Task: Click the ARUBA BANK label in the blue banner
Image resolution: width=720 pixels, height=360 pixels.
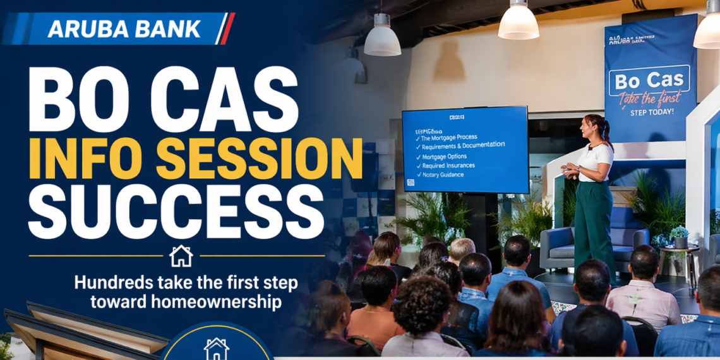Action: click(124, 28)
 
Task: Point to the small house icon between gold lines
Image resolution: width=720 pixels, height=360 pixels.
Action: click(181, 256)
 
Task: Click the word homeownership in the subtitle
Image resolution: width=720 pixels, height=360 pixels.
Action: click(186, 302)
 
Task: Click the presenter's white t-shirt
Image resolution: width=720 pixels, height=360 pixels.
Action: click(595, 162)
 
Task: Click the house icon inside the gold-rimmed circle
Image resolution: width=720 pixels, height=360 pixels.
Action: click(216, 349)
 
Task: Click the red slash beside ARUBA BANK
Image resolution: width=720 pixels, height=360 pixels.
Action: click(227, 28)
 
